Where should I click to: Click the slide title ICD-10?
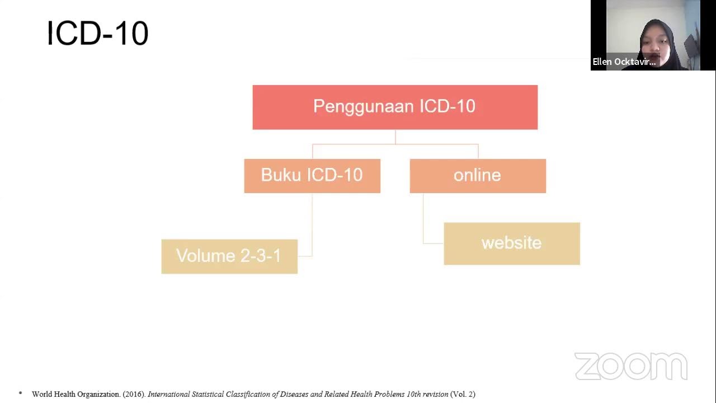[x=97, y=33]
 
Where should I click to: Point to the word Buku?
[x=282, y=175]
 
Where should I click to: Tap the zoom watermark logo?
[x=630, y=367]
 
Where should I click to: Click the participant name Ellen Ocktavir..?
[x=624, y=62]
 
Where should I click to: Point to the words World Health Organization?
[x=76, y=394]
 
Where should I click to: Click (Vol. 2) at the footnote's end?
[x=463, y=394]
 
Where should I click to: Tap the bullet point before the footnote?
[x=21, y=393]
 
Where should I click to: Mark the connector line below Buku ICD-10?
[x=312, y=224]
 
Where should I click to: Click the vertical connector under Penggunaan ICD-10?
[x=395, y=137]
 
